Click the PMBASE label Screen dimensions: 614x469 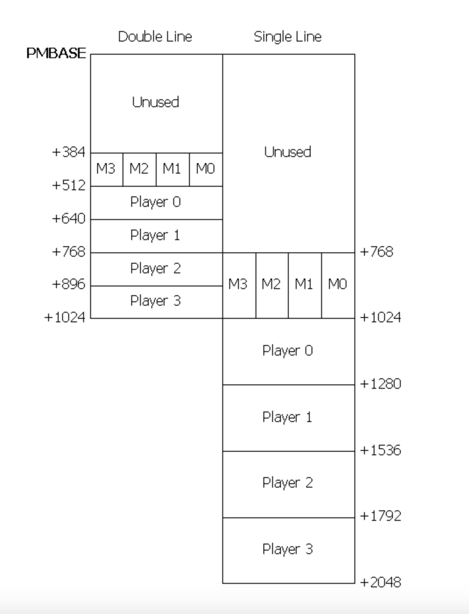click(x=56, y=53)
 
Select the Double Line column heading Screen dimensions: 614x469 click(x=155, y=37)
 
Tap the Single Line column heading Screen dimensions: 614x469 click(x=287, y=37)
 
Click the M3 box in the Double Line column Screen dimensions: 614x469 click(x=106, y=169)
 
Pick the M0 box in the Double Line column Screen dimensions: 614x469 click(x=206, y=169)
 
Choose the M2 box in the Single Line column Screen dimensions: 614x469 click(x=272, y=285)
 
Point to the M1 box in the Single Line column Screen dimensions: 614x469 click(x=304, y=285)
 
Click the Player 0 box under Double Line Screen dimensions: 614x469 click(x=156, y=202)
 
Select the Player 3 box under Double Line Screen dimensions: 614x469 click(x=156, y=301)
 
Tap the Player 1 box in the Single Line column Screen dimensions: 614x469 click(x=288, y=418)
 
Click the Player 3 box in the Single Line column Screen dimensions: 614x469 click(x=288, y=550)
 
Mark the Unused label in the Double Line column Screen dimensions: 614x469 click(x=156, y=102)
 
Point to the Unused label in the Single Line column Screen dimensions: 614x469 click(x=288, y=152)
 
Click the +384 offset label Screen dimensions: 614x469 click(x=68, y=152)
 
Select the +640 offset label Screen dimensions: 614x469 click(x=68, y=218)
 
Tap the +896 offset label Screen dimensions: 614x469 click(x=68, y=284)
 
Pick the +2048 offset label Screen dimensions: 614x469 click(x=380, y=583)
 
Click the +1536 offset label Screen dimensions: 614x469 click(x=380, y=450)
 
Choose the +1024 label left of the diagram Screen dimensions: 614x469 click(x=65, y=317)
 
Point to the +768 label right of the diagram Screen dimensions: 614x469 click(x=376, y=252)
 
